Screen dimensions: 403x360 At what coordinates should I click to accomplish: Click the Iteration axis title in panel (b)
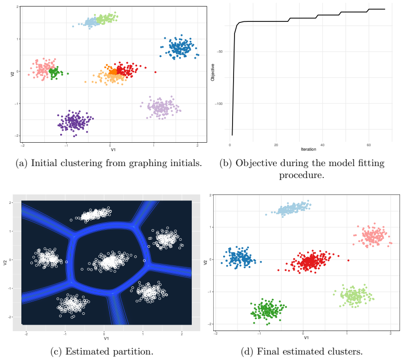coord(309,149)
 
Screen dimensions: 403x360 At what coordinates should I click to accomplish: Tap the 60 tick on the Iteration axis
coord(369,145)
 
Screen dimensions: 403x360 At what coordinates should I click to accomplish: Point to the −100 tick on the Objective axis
coord(219,103)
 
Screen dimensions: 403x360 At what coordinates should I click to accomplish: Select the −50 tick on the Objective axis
coord(220,52)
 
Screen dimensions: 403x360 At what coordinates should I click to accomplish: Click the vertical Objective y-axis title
coord(213,73)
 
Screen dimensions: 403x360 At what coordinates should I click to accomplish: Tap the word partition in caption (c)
coord(131,352)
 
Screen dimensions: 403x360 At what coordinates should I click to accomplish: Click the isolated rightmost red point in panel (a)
coord(155,72)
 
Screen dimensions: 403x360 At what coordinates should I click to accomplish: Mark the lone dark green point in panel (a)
coord(68,74)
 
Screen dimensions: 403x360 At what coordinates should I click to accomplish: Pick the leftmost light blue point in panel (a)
coord(73,26)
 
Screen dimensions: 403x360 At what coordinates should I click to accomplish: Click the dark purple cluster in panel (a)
coord(75,123)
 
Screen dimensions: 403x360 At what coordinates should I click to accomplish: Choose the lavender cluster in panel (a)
coord(161,108)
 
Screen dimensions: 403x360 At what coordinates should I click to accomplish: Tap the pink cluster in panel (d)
coord(373,236)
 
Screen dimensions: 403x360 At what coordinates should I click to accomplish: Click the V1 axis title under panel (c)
coord(106,339)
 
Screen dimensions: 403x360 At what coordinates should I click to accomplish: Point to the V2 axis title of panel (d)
coord(205,262)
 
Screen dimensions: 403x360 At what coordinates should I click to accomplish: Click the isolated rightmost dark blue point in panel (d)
coord(261,262)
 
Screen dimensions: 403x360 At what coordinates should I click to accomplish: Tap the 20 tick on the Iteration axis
coord(276,145)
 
